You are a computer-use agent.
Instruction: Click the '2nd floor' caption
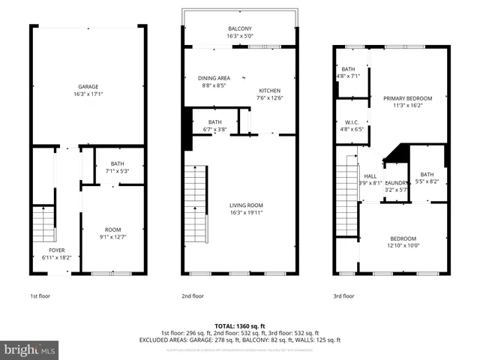pos(193,296)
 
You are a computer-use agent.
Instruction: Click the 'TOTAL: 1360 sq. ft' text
pos(240,325)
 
